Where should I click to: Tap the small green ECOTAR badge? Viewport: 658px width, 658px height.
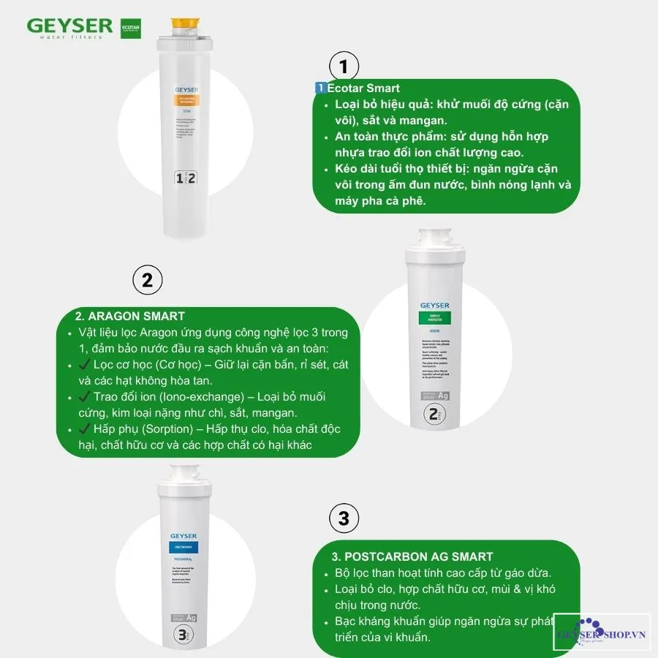130,29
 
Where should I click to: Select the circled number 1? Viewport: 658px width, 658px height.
344,66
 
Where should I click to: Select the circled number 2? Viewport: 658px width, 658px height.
147,280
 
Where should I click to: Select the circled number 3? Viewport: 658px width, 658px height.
344,519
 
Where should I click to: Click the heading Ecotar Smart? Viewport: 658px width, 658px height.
363,88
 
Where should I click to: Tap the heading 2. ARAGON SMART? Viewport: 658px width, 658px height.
130,316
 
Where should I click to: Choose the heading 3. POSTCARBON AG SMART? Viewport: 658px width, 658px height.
413,556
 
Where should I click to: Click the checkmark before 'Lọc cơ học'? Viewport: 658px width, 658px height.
83,364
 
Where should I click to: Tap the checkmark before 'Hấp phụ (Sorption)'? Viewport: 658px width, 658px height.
83,428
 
